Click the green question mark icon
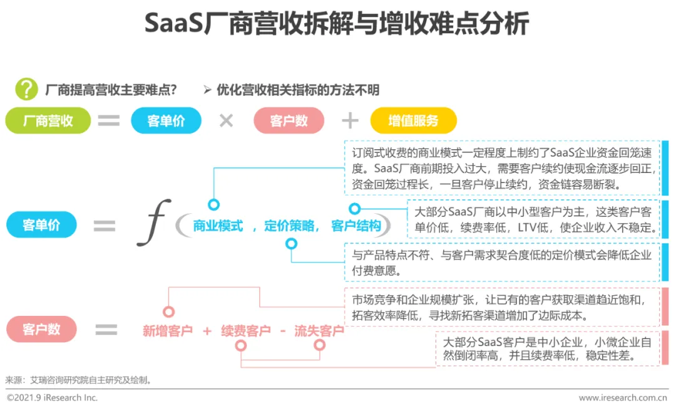[26, 89]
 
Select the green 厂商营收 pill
[48, 121]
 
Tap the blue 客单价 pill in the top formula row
[166, 121]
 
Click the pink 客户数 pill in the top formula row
[289, 121]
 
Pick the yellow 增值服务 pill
[413, 121]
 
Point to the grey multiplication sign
[226, 121]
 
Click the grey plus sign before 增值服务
[350, 121]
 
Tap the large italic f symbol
[153, 222]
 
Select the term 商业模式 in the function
[218, 226]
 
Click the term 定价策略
[289, 226]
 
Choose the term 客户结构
[356, 226]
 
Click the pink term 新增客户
[168, 330]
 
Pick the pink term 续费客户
[245, 330]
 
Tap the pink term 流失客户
[319, 330]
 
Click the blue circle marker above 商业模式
[213, 204]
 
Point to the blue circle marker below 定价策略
[291, 244]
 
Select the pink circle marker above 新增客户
[168, 312]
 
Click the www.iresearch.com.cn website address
[623, 397]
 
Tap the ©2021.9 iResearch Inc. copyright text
[53, 397]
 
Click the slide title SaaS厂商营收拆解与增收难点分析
[337, 24]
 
